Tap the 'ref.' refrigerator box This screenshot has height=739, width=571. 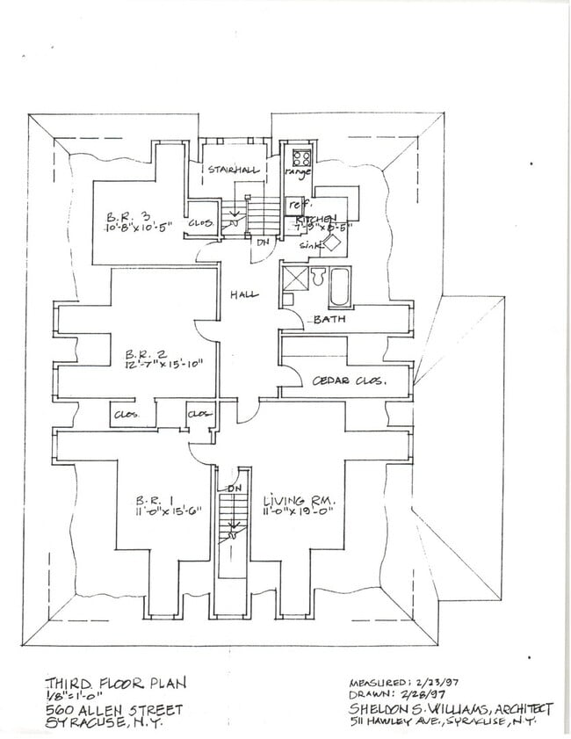tap(295, 204)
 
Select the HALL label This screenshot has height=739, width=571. tap(243, 294)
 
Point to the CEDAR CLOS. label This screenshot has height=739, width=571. tap(350, 381)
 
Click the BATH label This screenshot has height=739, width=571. tap(329, 320)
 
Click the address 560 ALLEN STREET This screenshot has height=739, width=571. tap(114, 709)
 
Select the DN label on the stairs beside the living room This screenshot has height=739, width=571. tap(235, 489)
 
